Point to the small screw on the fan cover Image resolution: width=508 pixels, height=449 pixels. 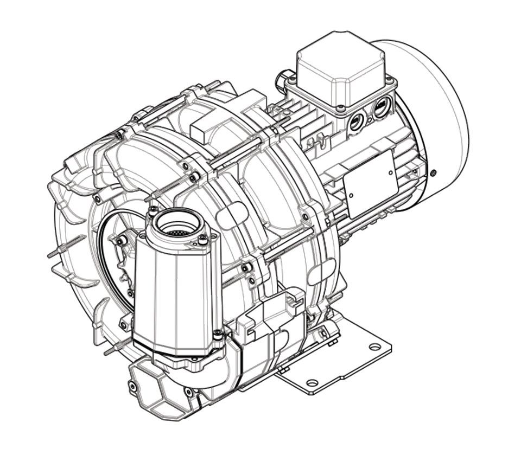point(433,173)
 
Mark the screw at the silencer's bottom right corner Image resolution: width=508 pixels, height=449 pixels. point(218,336)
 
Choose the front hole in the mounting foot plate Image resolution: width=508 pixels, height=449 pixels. point(312,383)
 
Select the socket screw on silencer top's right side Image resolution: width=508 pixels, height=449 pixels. point(204,239)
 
